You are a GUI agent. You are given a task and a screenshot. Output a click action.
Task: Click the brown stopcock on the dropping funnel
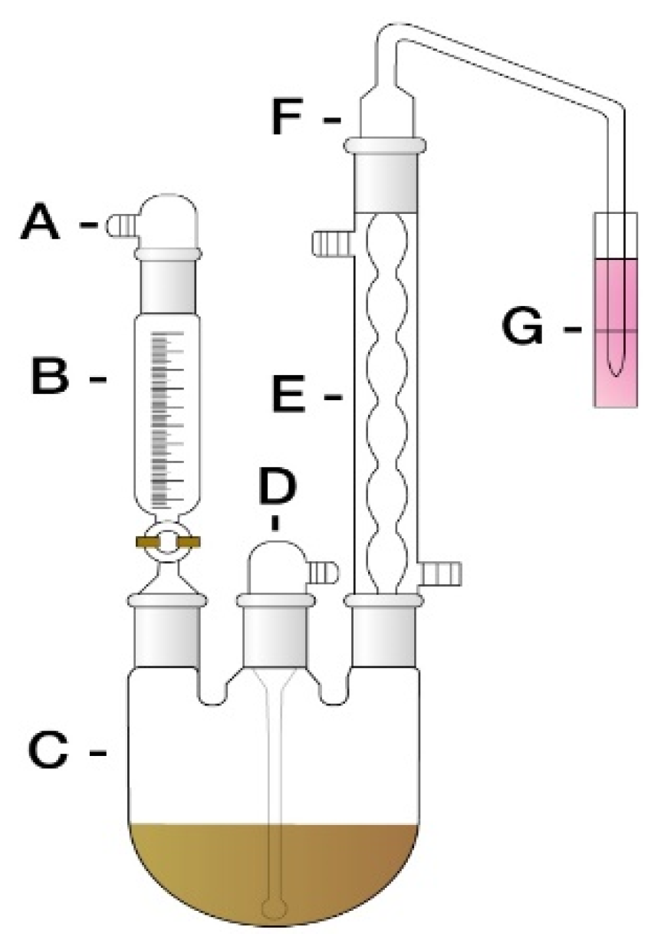pos(168,542)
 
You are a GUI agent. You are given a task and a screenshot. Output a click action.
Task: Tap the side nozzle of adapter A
pos(118,225)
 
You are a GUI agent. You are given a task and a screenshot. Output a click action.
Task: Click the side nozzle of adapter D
pos(325,570)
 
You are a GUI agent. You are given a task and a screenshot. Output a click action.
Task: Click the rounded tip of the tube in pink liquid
pos(617,371)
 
